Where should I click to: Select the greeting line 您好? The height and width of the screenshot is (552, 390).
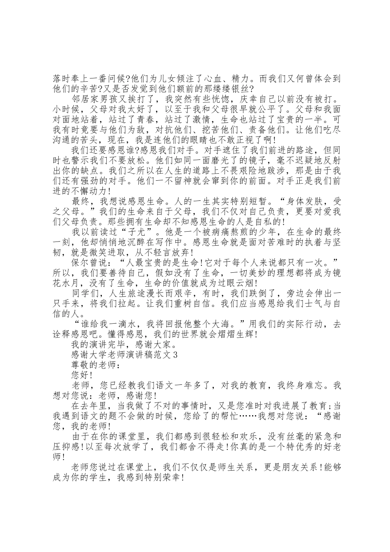[82, 375]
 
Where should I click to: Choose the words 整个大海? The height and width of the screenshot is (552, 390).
[218, 324]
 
